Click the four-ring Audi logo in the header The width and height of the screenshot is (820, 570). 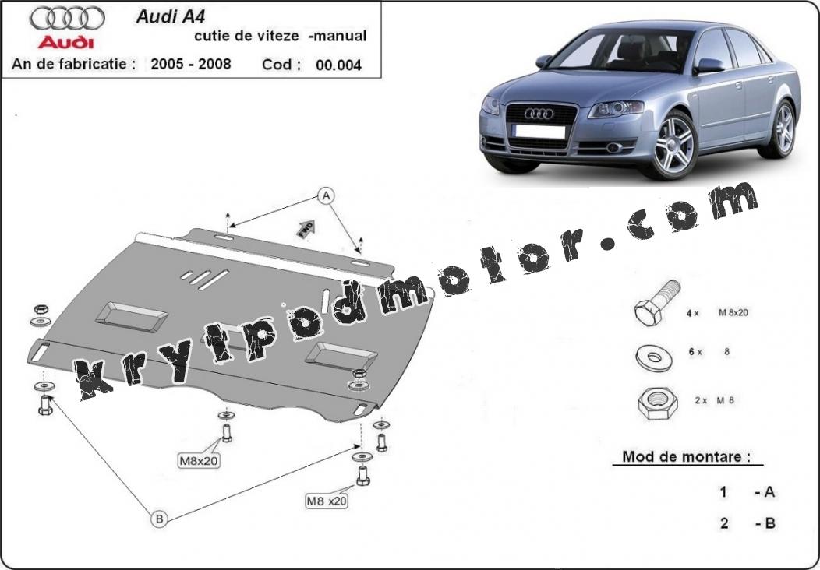pyautogui.click(x=67, y=18)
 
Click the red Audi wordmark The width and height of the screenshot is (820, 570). pyautogui.click(x=66, y=42)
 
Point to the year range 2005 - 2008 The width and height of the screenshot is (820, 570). pyautogui.click(x=191, y=64)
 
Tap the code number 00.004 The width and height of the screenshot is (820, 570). pyautogui.click(x=338, y=65)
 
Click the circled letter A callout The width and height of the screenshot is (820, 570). pyautogui.click(x=327, y=196)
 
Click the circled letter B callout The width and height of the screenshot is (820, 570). pyautogui.click(x=160, y=519)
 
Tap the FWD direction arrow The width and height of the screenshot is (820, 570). pyautogui.click(x=306, y=228)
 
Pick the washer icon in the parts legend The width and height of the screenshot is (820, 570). pyautogui.click(x=654, y=358)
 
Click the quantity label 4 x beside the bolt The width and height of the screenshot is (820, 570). pyautogui.click(x=692, y=313)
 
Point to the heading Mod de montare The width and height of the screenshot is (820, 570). pyautogui.click(x=686, y=456)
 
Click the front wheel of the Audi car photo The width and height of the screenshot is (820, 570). pyautogui.click(x=673, y=144)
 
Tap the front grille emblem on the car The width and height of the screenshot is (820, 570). pyautogui.click(x=539, y=114)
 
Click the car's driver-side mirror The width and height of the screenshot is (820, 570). pyautogui.click(x=709, y=66)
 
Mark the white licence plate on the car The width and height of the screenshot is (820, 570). pyautogui.click(x=539, y=131)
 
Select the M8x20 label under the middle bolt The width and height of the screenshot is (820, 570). pyautogui.click(x=199, y=461)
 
